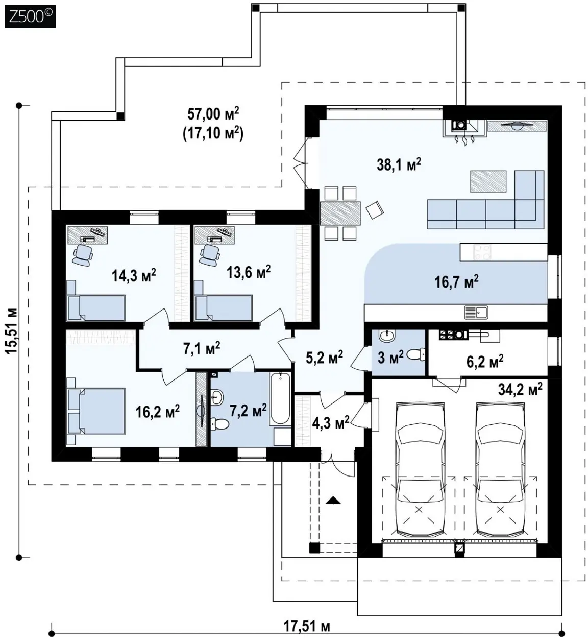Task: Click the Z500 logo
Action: coord(31,16)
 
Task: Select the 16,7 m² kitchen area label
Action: coord(456,281)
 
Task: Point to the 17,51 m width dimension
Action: coord(307,625)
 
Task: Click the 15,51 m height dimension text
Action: coord(12,331)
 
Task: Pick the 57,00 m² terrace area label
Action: coord(213,114)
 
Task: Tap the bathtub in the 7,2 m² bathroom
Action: coord(280,398)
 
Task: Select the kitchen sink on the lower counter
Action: coord(476,312)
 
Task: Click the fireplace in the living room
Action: coord(463,129)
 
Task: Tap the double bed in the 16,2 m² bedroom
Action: coord(95,411)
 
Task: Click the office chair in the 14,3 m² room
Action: coord(82,254)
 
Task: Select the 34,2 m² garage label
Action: coord(520,389)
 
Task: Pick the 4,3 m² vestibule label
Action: coord(330,424)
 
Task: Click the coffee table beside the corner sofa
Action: coord(488,181)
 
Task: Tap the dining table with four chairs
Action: coord(340,213)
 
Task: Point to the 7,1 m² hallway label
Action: coord(202,348)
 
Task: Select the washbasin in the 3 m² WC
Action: coord(387,336)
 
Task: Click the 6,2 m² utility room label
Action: coord(485,362)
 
